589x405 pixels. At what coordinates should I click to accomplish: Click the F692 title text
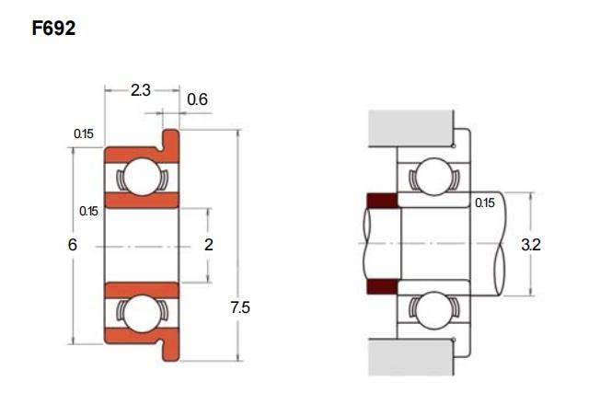(53, 29)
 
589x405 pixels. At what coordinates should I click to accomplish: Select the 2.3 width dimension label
(141, 90)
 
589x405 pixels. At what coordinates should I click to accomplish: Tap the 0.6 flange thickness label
(197, 99)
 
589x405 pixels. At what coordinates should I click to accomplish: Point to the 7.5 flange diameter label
(240, 307)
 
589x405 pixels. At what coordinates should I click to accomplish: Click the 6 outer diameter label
(73, 245)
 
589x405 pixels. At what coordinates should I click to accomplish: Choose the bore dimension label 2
(209, 245)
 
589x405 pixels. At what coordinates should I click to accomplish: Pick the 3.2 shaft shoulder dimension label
(531, 245)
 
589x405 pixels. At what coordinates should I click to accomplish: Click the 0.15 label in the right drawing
(485, 202)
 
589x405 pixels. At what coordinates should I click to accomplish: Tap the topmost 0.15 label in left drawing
(84, 133)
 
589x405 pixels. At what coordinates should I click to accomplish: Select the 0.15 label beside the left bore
(88, 211)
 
